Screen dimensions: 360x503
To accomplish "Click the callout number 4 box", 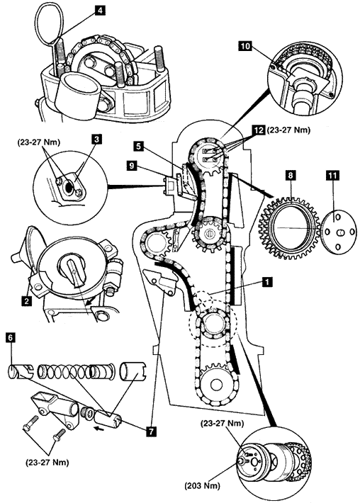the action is pos(100,10).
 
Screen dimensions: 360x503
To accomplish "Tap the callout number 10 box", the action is pos(245,46).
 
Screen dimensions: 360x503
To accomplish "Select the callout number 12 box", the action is pos(257,130).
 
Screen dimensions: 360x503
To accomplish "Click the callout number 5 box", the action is pos(138,147).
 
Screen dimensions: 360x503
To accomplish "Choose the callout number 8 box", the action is pos(291,175).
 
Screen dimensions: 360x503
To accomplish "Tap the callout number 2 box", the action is pos(27,300).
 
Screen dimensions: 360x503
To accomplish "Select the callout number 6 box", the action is pos(11,337).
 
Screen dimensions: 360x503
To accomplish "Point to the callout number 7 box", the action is pos(151,431).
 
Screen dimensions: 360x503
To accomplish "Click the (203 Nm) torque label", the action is pos(202,486).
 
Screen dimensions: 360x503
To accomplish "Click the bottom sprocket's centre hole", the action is pos(216,385).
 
